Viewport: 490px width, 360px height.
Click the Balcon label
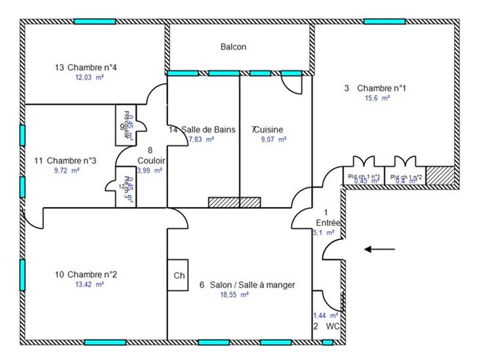[x=233, y=47]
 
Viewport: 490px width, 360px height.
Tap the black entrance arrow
[x=380, y=249]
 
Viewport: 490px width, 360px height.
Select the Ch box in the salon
[x=179, y=276]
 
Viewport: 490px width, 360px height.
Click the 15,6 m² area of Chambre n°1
[x=377, y=98]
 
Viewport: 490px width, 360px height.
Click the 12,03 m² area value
[x=90, y=77]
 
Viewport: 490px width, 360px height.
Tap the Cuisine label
[x=270, y=129]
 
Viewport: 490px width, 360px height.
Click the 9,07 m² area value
[x=273, y=139]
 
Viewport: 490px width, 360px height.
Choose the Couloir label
[x=151, y=160]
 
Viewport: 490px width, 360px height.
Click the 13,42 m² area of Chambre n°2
[x=90, y=284]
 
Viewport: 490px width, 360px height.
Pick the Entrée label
[x=326, y=223]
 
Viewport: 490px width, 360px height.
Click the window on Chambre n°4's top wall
[x=95, y=22]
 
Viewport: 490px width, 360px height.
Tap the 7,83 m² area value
[x=202, y=139]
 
